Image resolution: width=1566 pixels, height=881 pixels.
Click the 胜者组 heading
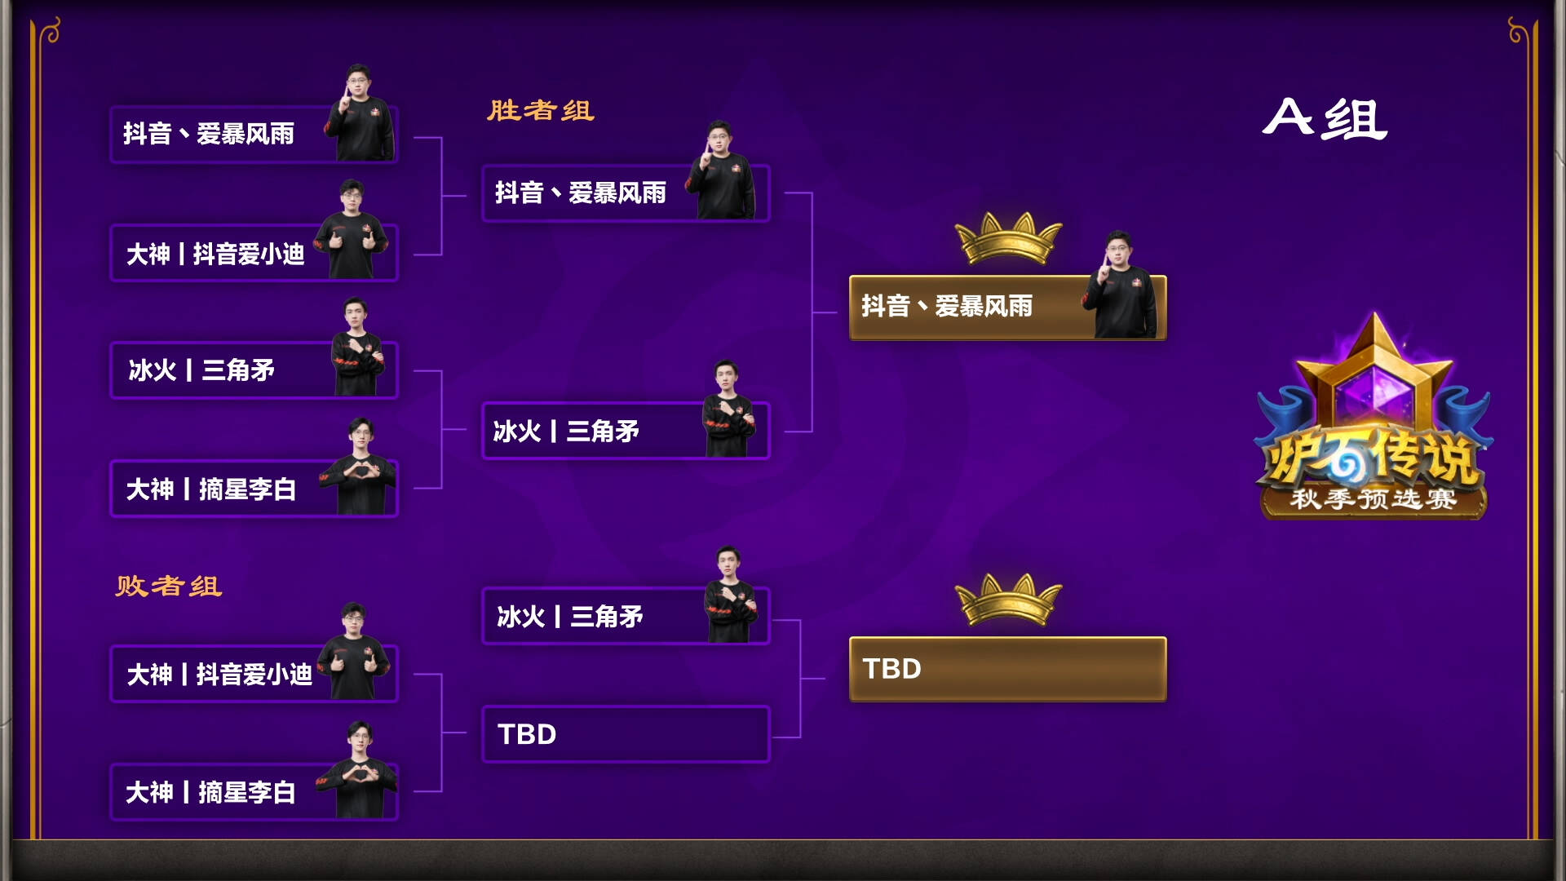[541, 110]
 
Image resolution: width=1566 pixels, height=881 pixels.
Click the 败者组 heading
[169, 586]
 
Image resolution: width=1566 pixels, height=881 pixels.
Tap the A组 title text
[1325, 119]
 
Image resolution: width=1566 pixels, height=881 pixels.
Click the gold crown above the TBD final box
[1008, 600]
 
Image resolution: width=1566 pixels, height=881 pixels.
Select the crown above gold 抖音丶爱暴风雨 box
[1008, 238]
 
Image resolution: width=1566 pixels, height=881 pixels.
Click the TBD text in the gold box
[892, 669]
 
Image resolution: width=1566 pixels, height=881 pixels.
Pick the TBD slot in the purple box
[528, 734]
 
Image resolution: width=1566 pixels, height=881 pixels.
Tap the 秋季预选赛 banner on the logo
[1374, 498]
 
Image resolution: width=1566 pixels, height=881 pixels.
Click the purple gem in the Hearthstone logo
[1374, 392]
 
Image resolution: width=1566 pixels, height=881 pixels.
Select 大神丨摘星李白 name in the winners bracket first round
[211, 489]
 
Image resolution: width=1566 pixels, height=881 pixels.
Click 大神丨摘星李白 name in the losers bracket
[211, 792]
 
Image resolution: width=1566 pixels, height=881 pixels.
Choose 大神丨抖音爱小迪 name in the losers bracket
[219, 675]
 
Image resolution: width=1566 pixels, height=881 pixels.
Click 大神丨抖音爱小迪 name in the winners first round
[215, 255]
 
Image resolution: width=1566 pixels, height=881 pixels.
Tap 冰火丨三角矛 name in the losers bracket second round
[570, 617]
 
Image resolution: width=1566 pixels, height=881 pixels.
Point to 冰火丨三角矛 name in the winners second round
[566, 432]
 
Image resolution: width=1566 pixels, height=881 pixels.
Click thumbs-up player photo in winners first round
[352, 232]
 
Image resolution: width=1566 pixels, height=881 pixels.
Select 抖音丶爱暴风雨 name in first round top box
[209, 134]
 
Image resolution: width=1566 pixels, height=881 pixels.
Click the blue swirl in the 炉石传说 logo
[1343, 463]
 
